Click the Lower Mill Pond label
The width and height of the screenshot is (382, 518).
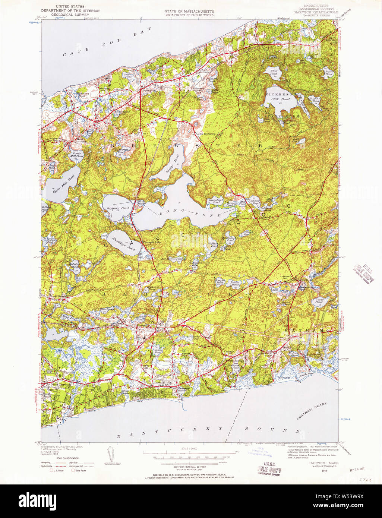[77, 155]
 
